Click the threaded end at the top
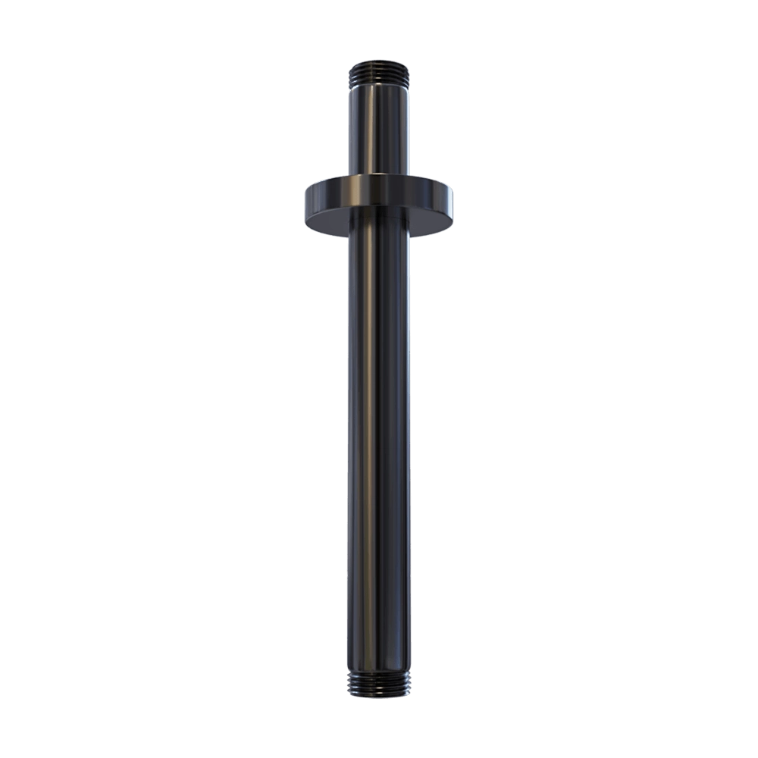click(x=379, y=72)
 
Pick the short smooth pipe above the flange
click(x=379, y=129)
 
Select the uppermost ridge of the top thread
click(x=379, y=62)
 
